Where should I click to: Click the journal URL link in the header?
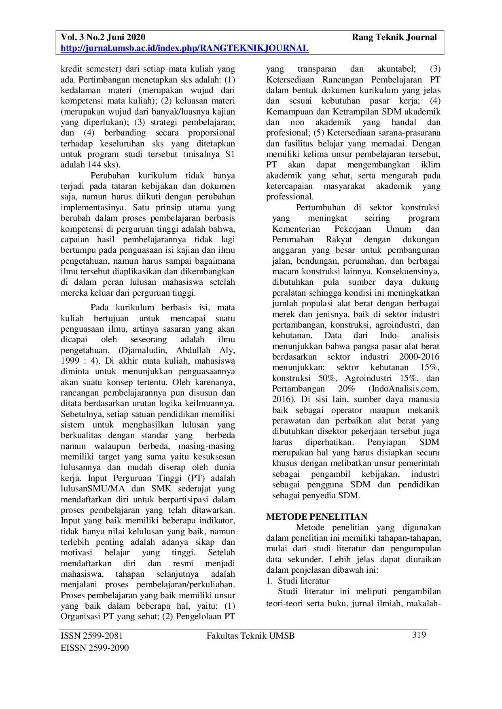pyautogui.click(x=184, y=49)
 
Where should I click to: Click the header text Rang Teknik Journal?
pyautogui.click(x=394, y=37)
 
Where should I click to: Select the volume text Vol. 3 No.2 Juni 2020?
pyautogui.click(x=103, y=37)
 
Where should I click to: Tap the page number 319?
pyautogui.click(x=419, y=635)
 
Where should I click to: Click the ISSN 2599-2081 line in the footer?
pyautogui.click(x=92, y=635)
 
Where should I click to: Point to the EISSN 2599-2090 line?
pyautogui.click(x=95, y=648)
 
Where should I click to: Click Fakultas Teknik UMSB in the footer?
pyautogui.click(x=250, y=635)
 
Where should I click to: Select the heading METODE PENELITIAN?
pyautogui.click(x=316, y=516)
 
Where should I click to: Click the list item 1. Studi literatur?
pyautogui.click(x=298, y=581)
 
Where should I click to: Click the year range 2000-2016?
pyautogui.click(x=419, y=357)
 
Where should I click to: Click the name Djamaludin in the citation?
pyautogui.click(x=142, y=350)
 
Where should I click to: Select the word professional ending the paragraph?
pyautogui.click(x=289, y=197)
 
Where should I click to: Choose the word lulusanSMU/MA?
pyautogui.click(x=93, y=489)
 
